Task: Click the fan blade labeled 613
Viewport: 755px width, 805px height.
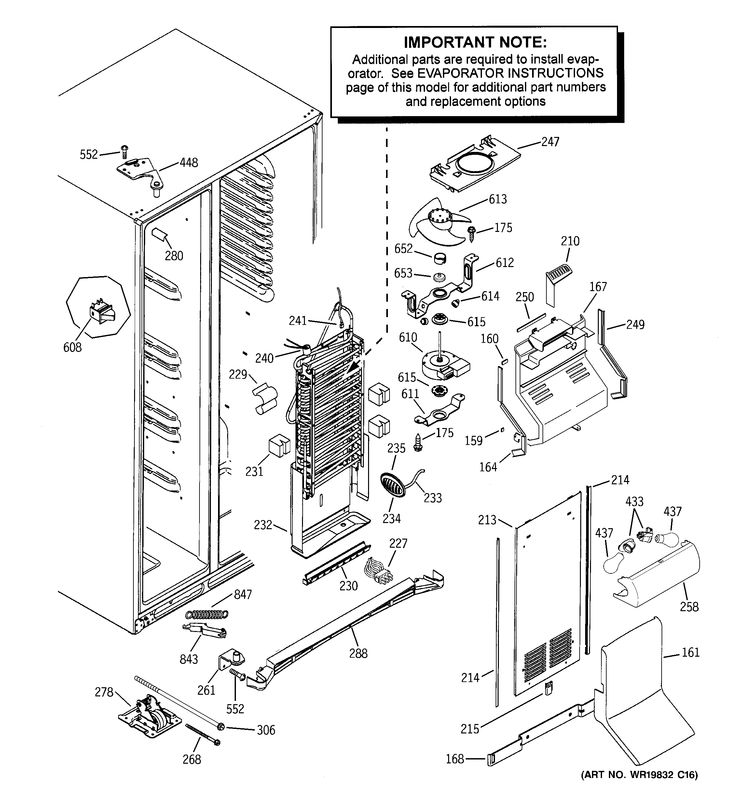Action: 440,222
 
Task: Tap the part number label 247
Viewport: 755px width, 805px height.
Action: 550,142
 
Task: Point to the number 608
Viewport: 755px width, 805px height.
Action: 72,347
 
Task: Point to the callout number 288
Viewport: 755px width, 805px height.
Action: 358,653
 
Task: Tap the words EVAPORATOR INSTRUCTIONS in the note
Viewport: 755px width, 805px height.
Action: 510,73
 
